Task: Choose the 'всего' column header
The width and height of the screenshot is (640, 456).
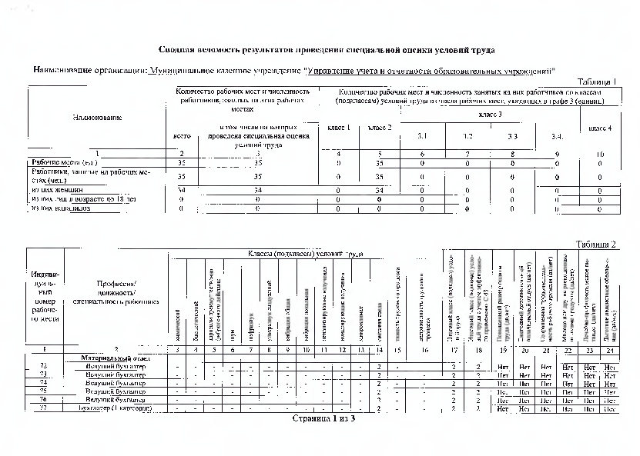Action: (x=182, y=137)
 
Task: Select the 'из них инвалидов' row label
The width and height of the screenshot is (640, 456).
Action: (x=61, y=208)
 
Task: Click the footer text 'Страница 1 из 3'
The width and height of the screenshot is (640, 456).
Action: (x=320, y=420)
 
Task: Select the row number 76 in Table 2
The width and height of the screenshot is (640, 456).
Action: (x=43, y=400)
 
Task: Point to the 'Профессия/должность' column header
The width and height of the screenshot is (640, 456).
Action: (x=116, y=293)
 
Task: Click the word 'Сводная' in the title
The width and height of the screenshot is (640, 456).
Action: (x=176, y=50)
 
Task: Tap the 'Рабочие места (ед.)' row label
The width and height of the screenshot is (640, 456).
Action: (x=62, y=163)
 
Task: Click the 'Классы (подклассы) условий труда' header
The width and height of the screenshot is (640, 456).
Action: (x=305, y=254)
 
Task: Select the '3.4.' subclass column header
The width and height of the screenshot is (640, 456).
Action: (x=558, y=137)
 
